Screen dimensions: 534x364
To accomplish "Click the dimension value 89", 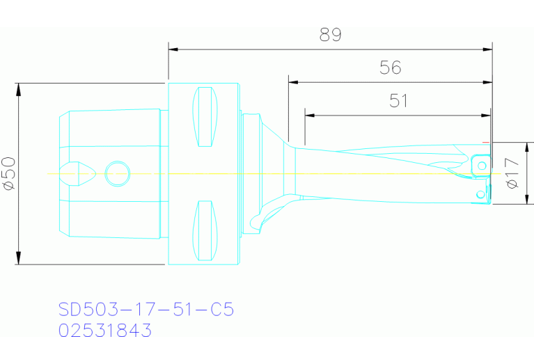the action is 330,34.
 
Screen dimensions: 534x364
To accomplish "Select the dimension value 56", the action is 391,68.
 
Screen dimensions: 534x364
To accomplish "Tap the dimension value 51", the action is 398,100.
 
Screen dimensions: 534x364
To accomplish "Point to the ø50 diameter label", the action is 9,173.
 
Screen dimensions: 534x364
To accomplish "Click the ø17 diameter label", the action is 512,173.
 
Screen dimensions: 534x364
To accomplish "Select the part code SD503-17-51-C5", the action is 146,309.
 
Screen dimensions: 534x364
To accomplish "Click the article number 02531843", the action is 105,331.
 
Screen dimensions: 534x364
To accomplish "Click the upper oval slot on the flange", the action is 205,117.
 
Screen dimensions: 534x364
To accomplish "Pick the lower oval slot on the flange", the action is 205,230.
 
